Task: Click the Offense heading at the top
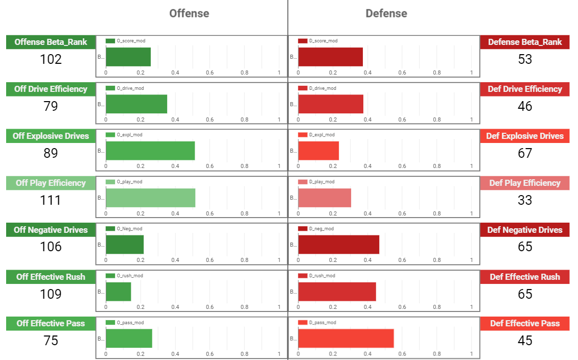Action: pyautogui.click(x=189, y=13)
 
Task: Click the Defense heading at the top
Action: pyautogui.click(x=386, y=13)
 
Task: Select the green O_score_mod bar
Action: pyautogui.click(x=128, y=57)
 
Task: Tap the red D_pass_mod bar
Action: pyautogui.click(x=346, y=338)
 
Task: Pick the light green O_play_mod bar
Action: pyautogui.click(x=150, y=198)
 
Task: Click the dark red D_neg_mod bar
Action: pyautogui.click(x=338, y=244)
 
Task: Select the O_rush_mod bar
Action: pyautogui.click(x=118, y=291)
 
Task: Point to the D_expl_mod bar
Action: pyautogui.click(x=318, y=151)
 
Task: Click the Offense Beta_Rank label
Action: pyautogui.click(x=51, y=42)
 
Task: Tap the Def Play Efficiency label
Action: pyautogui.click(x=525, y=183)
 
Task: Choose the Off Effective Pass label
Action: pyautogui.click(x=51, y=323)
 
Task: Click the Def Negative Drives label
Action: pyautogui.click(x=525, y=230)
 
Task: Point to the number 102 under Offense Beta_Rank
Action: pyautogui.click(x=51, y=59)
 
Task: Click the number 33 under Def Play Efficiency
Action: pyautogui.click(x=525, y=200)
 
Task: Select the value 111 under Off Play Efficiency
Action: pyautogui.click(x=51, y=200)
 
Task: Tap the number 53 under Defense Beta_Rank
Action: pyautogui.click(x=525, y=59)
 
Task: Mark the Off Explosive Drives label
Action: pyautogui.click(x=51, y=136)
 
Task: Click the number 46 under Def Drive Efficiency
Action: pyautogui.click(x=525, y=106)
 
